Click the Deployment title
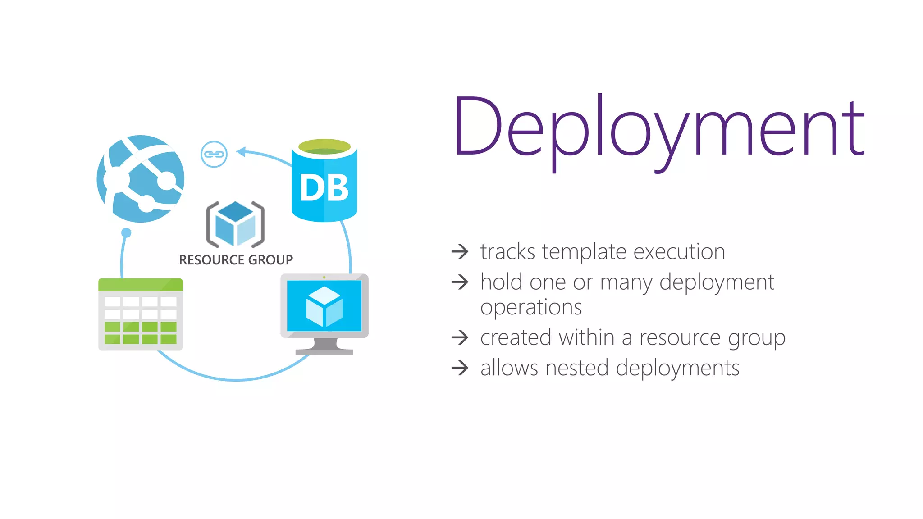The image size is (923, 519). pyautogui.click(x=659, y=128)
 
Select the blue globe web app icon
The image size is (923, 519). pyautogui.click(x=141, y=179)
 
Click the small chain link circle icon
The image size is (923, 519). pyautogui.click(x=214, y=154)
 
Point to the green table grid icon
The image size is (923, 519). pyautogui.click(x=141, y=314)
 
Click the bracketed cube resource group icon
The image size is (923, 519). pyautogui.click(x=235, y=224)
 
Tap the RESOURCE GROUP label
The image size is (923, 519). pyautogui.click(x=236, y=260)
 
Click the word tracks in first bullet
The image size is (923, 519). pyautogui.click(x=507, y=251)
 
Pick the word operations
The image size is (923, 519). pyautogui.click(x=531, y=308)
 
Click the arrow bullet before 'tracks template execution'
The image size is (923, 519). pyautogui.click(x=460, y=251)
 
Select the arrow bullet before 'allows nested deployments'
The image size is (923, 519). pyautogui.click(x=460, y=368)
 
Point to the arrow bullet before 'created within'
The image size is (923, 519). pyautogui.click(x=460, y=337)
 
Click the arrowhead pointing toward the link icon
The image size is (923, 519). pyautogui.click(x=241, y=152)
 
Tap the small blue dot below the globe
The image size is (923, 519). pyautogui.click(x=126, y=232)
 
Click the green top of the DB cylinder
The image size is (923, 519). pyautogui.click(x=324, y=146)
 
